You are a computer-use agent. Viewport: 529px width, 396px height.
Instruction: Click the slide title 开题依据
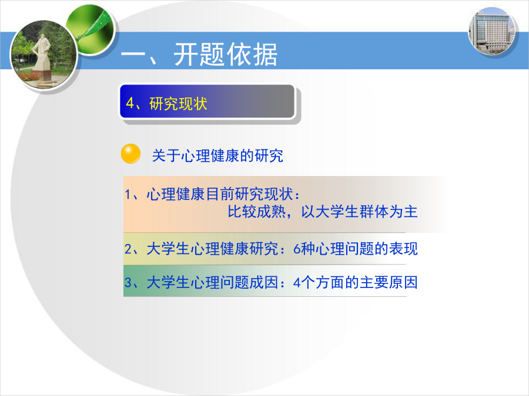click(x=225, y=55)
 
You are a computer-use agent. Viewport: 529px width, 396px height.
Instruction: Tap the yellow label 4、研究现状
click(x=166, y=104)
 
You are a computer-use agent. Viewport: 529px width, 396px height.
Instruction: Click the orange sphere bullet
click(x=130, y=154)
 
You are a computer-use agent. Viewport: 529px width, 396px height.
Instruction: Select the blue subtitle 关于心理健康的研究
click(x=217, y=155)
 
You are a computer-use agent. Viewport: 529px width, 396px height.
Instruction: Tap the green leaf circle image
click(x=91, y=29)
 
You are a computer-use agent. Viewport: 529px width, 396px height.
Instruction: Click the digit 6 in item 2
click(x=297, y=249)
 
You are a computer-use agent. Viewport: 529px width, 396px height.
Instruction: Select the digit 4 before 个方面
click(x=297, y=283)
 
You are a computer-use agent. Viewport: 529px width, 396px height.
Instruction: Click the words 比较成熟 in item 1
click(x=256, y=212)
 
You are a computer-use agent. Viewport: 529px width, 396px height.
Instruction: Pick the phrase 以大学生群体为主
click(x=359, y=212)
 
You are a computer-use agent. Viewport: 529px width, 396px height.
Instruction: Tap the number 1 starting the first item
click(x=128, y=194)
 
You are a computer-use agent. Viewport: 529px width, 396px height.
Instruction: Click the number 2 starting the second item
click(x=128, y=249)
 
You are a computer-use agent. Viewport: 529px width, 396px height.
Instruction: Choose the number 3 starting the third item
click(x=128, y=283)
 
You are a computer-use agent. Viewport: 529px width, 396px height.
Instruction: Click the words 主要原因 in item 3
click(x=389, y=283)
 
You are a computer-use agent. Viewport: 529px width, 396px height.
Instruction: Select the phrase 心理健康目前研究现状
click(x=220, y=194)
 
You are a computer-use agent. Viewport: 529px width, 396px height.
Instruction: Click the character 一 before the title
click(x=133, y=55)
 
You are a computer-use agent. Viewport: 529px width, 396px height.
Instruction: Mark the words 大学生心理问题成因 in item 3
click(x=212, y=283)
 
